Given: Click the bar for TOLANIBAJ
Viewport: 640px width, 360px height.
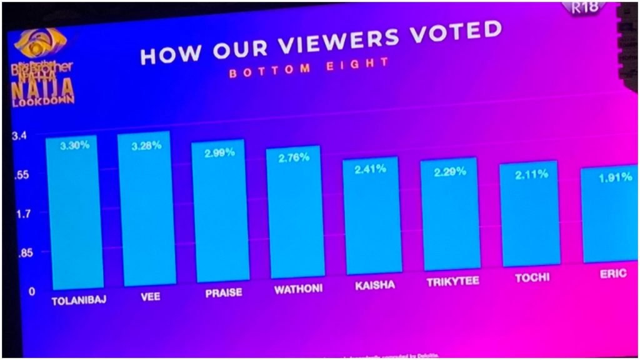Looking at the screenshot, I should pos(74,212).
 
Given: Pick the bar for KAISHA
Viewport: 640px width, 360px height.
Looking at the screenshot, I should pos(372,216).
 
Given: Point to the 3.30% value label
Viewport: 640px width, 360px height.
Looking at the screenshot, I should pos(74,145).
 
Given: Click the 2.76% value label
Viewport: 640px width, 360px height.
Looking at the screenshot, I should pos(294,157).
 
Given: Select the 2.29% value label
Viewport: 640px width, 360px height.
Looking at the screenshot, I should pos(450,171).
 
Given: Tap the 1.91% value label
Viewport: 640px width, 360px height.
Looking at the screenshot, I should pos(615,178).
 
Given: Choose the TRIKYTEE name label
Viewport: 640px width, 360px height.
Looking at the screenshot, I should pos(452,282).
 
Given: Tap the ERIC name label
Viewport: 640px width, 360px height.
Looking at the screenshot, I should pos(612,273).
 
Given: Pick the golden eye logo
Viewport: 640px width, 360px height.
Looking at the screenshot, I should pos(41,42).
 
